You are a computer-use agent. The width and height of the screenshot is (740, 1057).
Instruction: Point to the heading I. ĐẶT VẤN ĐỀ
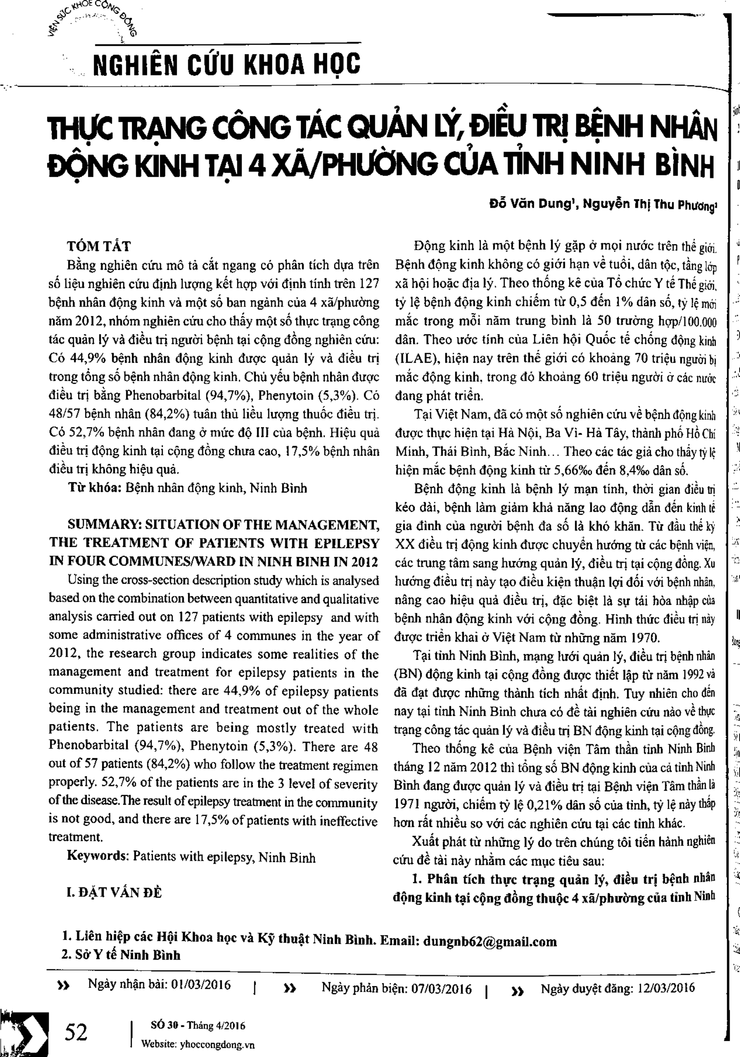[x=114, y=892]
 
